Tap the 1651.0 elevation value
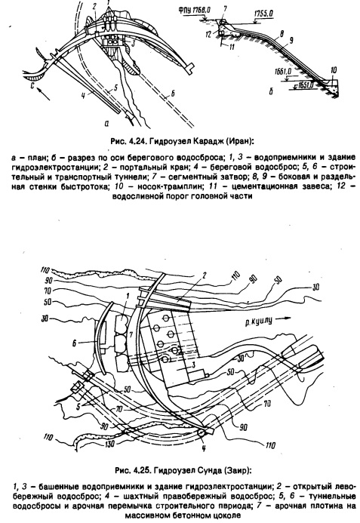point(304,85)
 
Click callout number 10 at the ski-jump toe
point(333,70)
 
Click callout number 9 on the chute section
point(291,41)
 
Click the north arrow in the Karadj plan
point(43,93)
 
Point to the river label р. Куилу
point(257,321)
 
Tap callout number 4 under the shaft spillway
point(203,448)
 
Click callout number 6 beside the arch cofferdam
point(75,342)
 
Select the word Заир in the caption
point(236,471)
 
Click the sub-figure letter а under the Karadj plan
point(106,123)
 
